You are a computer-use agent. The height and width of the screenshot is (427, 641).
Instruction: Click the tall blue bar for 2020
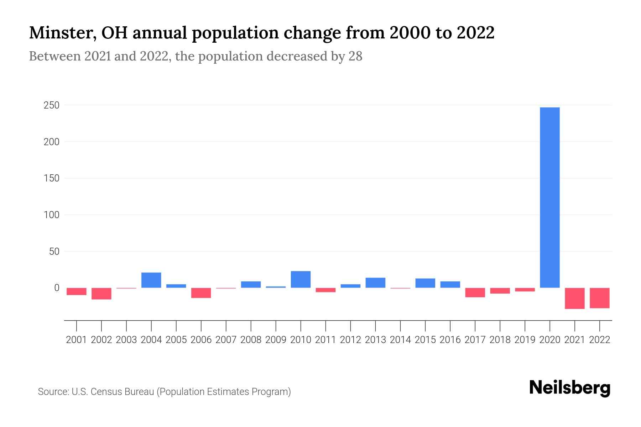pyautogui.click(x=549, y=197)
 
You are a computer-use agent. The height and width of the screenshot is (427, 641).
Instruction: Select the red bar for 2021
pyautogui.click(x=574, y=298)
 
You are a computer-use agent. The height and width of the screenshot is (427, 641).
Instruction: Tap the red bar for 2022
pyautogui.click(x=599, y=298)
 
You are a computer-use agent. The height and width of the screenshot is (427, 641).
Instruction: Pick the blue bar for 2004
pyautogui.click(x=151, y=280)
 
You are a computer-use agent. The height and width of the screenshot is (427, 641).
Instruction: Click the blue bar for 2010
pyautogui.click(x=301, y=279)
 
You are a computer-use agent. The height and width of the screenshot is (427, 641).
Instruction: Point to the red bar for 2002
pyautogui.click(x=101, y=294)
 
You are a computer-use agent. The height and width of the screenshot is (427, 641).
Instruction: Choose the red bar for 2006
pyautogui.click(x=201, y=293)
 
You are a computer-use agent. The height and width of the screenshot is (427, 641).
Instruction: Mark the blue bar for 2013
pyautogui.click(x=375, y=283)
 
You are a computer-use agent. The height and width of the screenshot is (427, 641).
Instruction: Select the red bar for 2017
pyautogui.click(x=475, y=292)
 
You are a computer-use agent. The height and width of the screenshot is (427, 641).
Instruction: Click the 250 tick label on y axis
pyautogui.click(x=51, y=105)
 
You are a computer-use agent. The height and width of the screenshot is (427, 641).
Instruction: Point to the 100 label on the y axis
pyautogui.click(x=52, y=215)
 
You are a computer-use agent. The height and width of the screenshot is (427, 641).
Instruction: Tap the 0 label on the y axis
pyautogui.click(x=57, y=288)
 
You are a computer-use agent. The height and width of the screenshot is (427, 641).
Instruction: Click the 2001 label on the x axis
pyautogui.click(x=77, y=340)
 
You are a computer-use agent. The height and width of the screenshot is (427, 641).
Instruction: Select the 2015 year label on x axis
pyautogui.click(x=425, y=340)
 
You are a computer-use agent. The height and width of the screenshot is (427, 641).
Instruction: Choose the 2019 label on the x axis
pyautogui.click(x=525, y=340)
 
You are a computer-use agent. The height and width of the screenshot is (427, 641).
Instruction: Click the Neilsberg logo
pyautogui.click(x=569, y=388)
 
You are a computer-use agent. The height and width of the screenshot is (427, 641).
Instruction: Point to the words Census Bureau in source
pyautogui.click(x=123, y=392)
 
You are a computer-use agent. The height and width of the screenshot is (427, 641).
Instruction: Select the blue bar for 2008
pyautogui.click(x=251, y=284)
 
